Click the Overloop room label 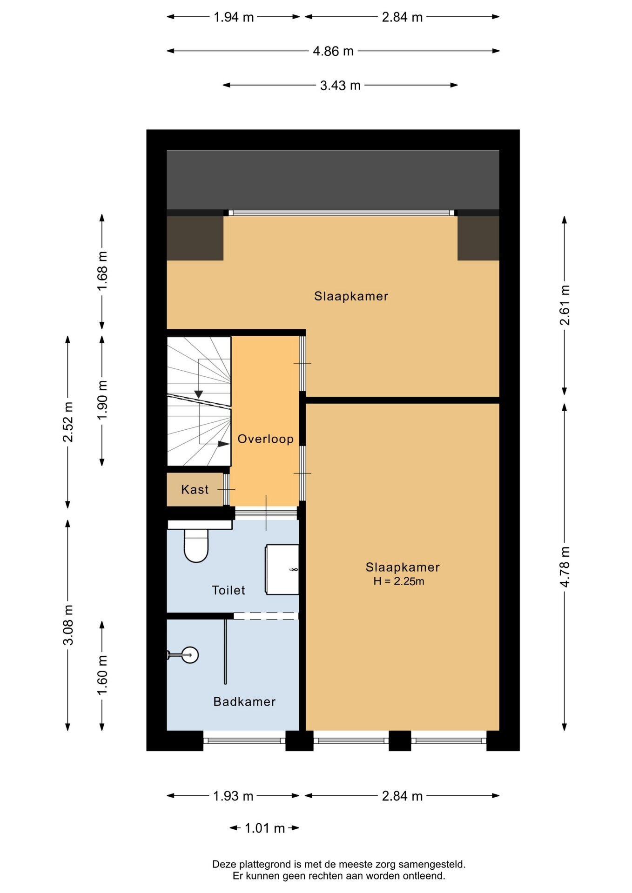pyautogui.click(x=265, y=439)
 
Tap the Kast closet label pyautogui.click(x=195, y=489)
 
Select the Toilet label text pyautogui.click(x=228, y=590)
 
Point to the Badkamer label pyautogui.click(x=244, y=701)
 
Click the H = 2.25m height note pyautogui.click(x=398, y=581)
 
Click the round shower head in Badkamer pyautogui.click(x=190, y=655)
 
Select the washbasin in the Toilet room pyautogui.click(x=282, y=570)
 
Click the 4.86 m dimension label pyautogui.click(x=333, y=51)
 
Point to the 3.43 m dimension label pyautogui.click(x=340, y=86)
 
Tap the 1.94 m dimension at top pyautogui.click(x=234, y=17)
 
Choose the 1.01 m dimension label pyautogui.click(x=264, y=828)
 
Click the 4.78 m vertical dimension pyautogui.click(x=565, y=566)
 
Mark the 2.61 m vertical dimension pyautogui.click(x=565, y=305)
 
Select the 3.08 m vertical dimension pyautogui.click(x=68, y=625)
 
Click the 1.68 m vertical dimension pyautogui.click(x=102, y=271)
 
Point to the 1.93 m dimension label pyautogui.click(x=233, y=796)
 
